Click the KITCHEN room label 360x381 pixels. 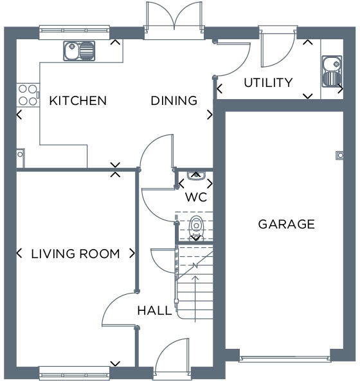click(x=78, y=101)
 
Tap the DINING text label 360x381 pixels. click(x=174, y=101)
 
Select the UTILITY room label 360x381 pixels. click(x=268, y=83)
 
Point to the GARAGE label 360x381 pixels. click(x=286, y=225)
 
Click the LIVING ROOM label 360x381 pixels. click(x=75, y=254)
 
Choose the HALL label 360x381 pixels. click(x=154, y=311)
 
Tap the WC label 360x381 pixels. click(x=195, y=198)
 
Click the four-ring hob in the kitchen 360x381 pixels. click(x=27, y=95)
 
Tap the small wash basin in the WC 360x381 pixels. click(x=195, y=174)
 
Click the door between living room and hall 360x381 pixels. click(x=119, y=309)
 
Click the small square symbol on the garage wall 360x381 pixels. click(x=339, y=154)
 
